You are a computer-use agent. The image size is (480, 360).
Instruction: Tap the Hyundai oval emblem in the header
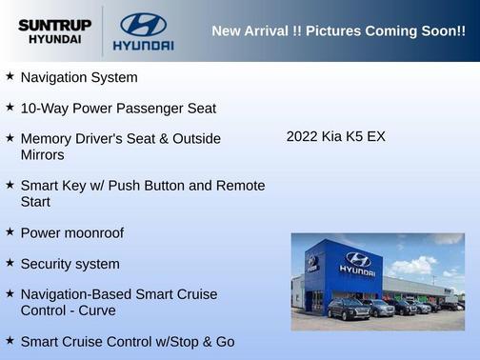(x=143, y=24)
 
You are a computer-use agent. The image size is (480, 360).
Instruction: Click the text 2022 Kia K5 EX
(x=335, y=136)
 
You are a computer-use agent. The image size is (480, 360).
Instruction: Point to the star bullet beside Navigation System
(x=10, y=76)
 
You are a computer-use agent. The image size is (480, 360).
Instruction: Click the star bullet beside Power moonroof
(x=10, y=231)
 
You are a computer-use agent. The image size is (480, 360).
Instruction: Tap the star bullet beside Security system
(x=10, y=263)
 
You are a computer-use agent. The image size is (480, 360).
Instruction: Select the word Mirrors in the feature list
(x=42, y=154)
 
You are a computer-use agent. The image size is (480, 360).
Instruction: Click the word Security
(x=48, y=264)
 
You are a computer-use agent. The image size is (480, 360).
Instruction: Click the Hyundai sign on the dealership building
(x=357, y=265)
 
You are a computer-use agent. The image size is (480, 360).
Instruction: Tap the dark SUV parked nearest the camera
(x=348, y=310)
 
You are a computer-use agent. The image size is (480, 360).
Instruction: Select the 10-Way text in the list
(x=43, y=109)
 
